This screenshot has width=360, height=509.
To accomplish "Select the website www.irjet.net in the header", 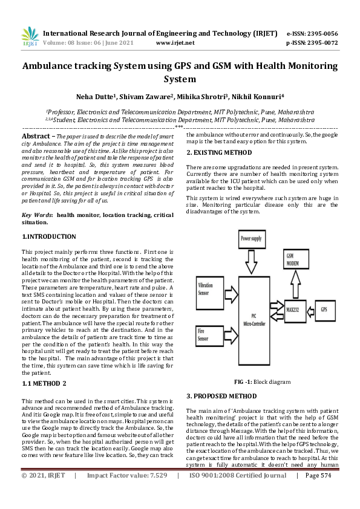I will [x=175, y=44].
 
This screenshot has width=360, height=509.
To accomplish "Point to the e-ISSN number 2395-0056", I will [x=321, y=34].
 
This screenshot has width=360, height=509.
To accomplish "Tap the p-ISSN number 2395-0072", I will [x=321, y=44].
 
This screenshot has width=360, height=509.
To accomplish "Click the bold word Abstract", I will [x=35, y=137].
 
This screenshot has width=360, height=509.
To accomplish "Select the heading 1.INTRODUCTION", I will [x=48, y=236].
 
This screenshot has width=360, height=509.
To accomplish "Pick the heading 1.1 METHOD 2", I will [x=44, y=384].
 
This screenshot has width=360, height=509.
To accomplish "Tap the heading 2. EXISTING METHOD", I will [x=218, y=152].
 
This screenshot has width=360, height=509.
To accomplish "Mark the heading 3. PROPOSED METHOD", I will [x=221, y=396].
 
